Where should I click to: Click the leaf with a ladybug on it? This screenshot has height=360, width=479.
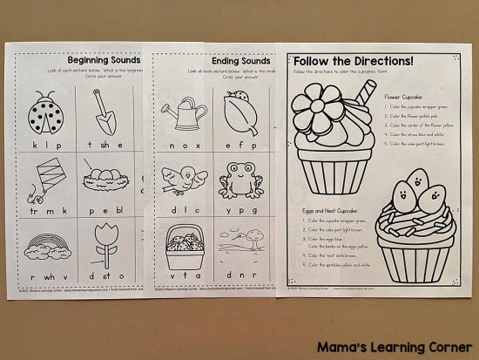237,111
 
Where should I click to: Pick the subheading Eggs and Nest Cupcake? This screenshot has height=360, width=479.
323,211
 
